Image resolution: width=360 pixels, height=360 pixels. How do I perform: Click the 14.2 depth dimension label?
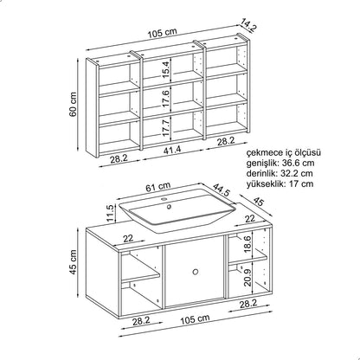click(248, 24)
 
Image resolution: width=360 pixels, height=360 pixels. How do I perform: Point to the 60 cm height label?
click(74, 104)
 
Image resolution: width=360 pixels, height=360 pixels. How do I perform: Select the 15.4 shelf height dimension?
click(165, 70)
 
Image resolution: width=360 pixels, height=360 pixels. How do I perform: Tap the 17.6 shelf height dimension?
click(166, 99)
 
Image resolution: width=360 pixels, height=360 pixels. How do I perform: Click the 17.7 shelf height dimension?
click(166, 127)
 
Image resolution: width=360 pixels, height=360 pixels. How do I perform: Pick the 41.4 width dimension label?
click(172, 150)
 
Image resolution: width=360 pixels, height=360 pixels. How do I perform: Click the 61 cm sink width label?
click(157, 187)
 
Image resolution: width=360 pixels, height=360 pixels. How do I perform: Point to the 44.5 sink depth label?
click(222, 190)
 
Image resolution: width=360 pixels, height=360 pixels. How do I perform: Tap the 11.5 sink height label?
click(111, 213)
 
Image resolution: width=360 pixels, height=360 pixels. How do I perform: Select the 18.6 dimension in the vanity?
click(247, 244)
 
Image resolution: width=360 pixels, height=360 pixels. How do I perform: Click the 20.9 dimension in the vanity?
click(247, 277)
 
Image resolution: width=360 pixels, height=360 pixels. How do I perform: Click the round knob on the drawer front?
click(196, 272)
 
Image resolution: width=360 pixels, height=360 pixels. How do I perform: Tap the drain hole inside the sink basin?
click(169, 207)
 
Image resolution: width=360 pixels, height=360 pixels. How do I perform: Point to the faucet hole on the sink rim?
click(164, 199)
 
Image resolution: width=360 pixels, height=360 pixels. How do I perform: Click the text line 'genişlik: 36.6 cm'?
click(280, 164)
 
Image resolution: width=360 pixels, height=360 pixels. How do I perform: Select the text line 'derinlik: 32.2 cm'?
click(280, 173)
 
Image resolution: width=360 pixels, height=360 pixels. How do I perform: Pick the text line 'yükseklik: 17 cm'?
click(280, 183)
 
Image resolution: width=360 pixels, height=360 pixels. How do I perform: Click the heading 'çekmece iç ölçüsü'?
click(284, 153)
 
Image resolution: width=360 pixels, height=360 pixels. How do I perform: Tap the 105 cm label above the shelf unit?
click(163, 34)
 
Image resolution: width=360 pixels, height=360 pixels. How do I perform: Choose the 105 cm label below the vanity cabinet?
click(195, 319)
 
